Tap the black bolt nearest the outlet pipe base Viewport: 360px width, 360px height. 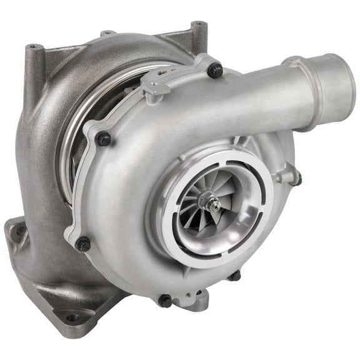(215, 71)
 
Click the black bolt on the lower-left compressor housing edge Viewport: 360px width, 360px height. (83, 243)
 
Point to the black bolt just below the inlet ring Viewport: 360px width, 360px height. (235, 275)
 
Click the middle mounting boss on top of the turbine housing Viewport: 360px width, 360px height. (107, 32)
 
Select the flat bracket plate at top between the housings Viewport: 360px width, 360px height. (169, 79)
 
